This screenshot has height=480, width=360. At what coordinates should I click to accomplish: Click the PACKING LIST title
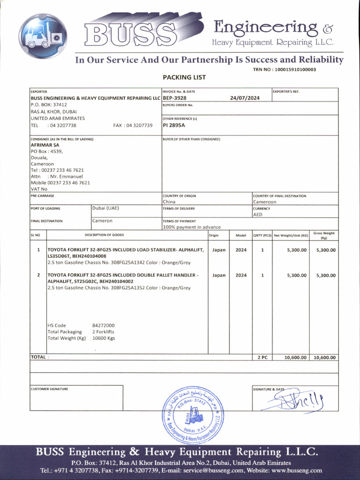pos(184,77)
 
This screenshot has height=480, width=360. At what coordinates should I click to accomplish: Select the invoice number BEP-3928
pos(174,98)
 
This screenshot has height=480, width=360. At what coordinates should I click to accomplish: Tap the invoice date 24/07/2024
pos(245,98)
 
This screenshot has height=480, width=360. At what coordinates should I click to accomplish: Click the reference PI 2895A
pos(174,125)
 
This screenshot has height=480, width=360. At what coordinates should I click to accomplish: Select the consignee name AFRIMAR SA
pos(45,145)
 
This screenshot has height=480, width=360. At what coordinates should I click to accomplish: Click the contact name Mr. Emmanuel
pos(65,176)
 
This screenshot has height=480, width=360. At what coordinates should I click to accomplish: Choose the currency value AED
pos(258,214)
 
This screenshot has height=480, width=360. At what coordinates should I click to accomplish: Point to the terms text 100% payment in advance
pos(192,227)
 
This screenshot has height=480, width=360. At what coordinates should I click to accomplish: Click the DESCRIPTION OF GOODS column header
pos(104,235)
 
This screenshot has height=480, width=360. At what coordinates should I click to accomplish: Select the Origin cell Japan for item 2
pos(218,275)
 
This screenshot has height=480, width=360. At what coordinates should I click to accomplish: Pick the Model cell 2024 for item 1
pos(240,250)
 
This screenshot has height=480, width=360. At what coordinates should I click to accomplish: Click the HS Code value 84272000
pos(103,325)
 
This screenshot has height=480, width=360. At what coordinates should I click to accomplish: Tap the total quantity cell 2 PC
pos(262,357)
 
